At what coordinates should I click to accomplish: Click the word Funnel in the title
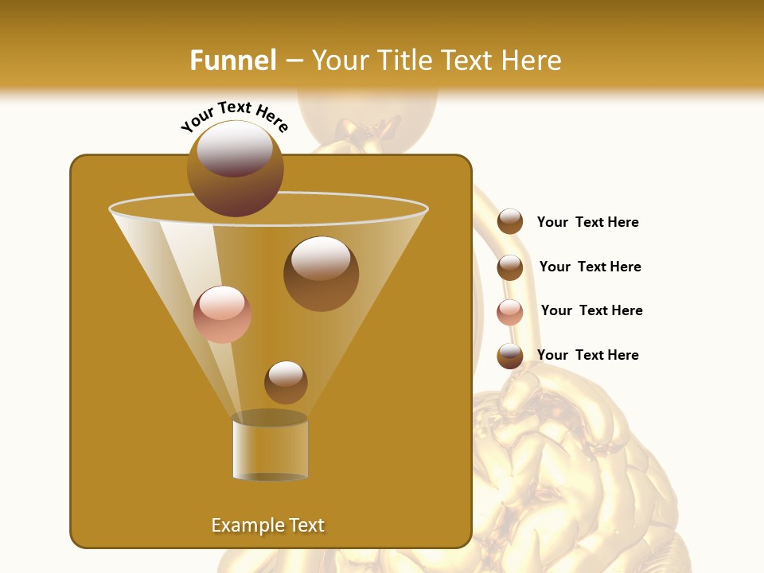tap(232, 60)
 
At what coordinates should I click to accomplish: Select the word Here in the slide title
tap(531, 60)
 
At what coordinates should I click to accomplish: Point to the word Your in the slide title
tap(340, 60)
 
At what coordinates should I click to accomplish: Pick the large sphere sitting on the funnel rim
tap(236, 168)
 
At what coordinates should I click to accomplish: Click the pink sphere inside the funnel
tap(223, 314)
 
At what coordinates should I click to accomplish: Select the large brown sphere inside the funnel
tap(321, 273)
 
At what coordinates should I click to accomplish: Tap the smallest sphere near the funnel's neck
tap(286, 382)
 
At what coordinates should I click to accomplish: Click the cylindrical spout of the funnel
tap(271, 447)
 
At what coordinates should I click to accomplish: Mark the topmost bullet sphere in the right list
tap(510, 221)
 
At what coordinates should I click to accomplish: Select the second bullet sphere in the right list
tap(510, 267)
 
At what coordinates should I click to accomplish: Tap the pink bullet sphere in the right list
tap(510, 311)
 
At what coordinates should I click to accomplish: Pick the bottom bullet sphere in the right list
tap(510, 356)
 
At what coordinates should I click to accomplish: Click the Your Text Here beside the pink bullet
tap(591, 310)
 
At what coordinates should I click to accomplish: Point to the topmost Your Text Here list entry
tap(587, 222)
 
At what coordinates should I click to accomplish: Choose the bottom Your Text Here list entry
tap(587, 355)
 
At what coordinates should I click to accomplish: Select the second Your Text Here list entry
tap(590, 267)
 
